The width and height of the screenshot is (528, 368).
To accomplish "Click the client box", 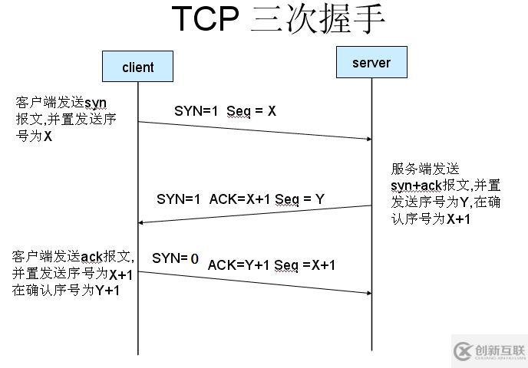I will pyautogui.click(x=138, y=67).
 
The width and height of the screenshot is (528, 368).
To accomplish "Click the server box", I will pyautogui.click(x=371, y=62).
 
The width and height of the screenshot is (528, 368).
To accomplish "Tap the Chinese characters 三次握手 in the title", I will pyautogui.click(x=318, y=19).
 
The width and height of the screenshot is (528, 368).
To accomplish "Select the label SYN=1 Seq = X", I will pyautogui.click(x=225, y=111).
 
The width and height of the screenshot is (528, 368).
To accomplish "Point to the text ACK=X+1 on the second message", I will pyautogui.click(x=240, y=199).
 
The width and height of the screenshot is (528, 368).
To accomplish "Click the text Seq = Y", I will pyautogui.click(x=299, y=199).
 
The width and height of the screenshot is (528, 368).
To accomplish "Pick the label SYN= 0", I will pyautogui.click(x=175, y=259).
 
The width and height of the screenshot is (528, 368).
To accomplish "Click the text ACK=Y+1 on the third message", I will pyautogui.click(x=239, y=265).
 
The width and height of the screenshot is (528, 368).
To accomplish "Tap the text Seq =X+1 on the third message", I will pyautogui.click(x=305, y=265).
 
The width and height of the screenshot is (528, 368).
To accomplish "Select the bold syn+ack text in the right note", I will pyautogui.click(x=417, y=186).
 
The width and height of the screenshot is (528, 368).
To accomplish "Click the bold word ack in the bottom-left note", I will pyautogui.click(x=91, y=257).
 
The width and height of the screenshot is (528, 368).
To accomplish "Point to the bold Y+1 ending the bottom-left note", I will pyautogui.click(x=107, y=291).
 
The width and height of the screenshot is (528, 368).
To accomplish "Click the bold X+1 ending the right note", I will pyautogui.click(x=459, y=219).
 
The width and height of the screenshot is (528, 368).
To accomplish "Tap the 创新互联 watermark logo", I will pyautogui.click(x=487, y=351).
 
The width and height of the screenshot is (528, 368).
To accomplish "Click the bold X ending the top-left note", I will pyautogui.click(x=48, y=136).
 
